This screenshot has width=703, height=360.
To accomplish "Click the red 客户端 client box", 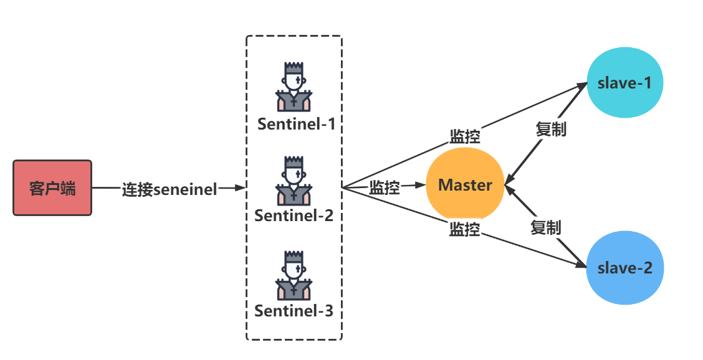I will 52,188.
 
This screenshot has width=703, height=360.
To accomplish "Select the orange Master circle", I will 465,185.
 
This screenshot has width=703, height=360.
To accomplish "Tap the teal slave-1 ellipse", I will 624,83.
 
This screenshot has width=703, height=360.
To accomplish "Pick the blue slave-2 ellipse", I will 624,268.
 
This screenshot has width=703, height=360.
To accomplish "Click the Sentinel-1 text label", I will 296,124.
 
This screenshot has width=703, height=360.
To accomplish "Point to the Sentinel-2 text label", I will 294,216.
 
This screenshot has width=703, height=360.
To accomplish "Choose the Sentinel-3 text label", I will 294,310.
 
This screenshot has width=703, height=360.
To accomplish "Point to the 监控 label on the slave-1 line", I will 465,136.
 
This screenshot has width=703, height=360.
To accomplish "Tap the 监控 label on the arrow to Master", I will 384,187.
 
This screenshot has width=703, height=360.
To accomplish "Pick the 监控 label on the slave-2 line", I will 464,229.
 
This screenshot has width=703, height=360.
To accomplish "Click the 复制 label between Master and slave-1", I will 551,130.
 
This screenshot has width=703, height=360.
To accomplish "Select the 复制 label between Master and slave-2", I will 546,227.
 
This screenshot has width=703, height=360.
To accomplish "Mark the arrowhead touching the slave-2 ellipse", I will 582,265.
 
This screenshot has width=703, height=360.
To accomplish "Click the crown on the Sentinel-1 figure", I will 294,67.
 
